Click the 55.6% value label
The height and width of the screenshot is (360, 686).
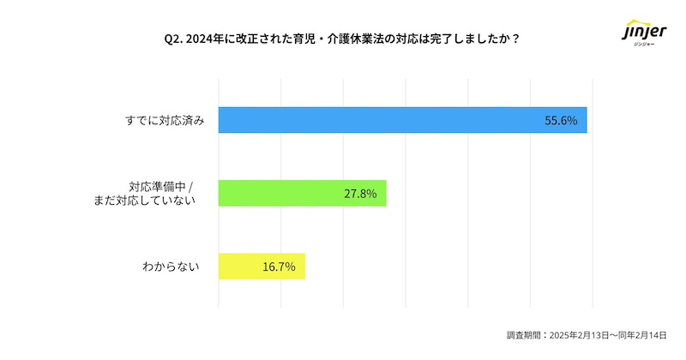coord(561,121)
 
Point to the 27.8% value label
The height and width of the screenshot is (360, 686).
coord(360,194)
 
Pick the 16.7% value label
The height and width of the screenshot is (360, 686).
coord(279,267)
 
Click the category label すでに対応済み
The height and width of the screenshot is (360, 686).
coord(163,121)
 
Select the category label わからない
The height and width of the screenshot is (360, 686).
coord(171,267)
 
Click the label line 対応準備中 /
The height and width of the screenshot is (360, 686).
coord(163,186)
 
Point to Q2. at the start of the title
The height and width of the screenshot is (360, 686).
coord(172,38)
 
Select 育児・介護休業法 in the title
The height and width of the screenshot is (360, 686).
coord(324,38)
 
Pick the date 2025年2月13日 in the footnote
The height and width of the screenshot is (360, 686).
coord(578,335)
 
